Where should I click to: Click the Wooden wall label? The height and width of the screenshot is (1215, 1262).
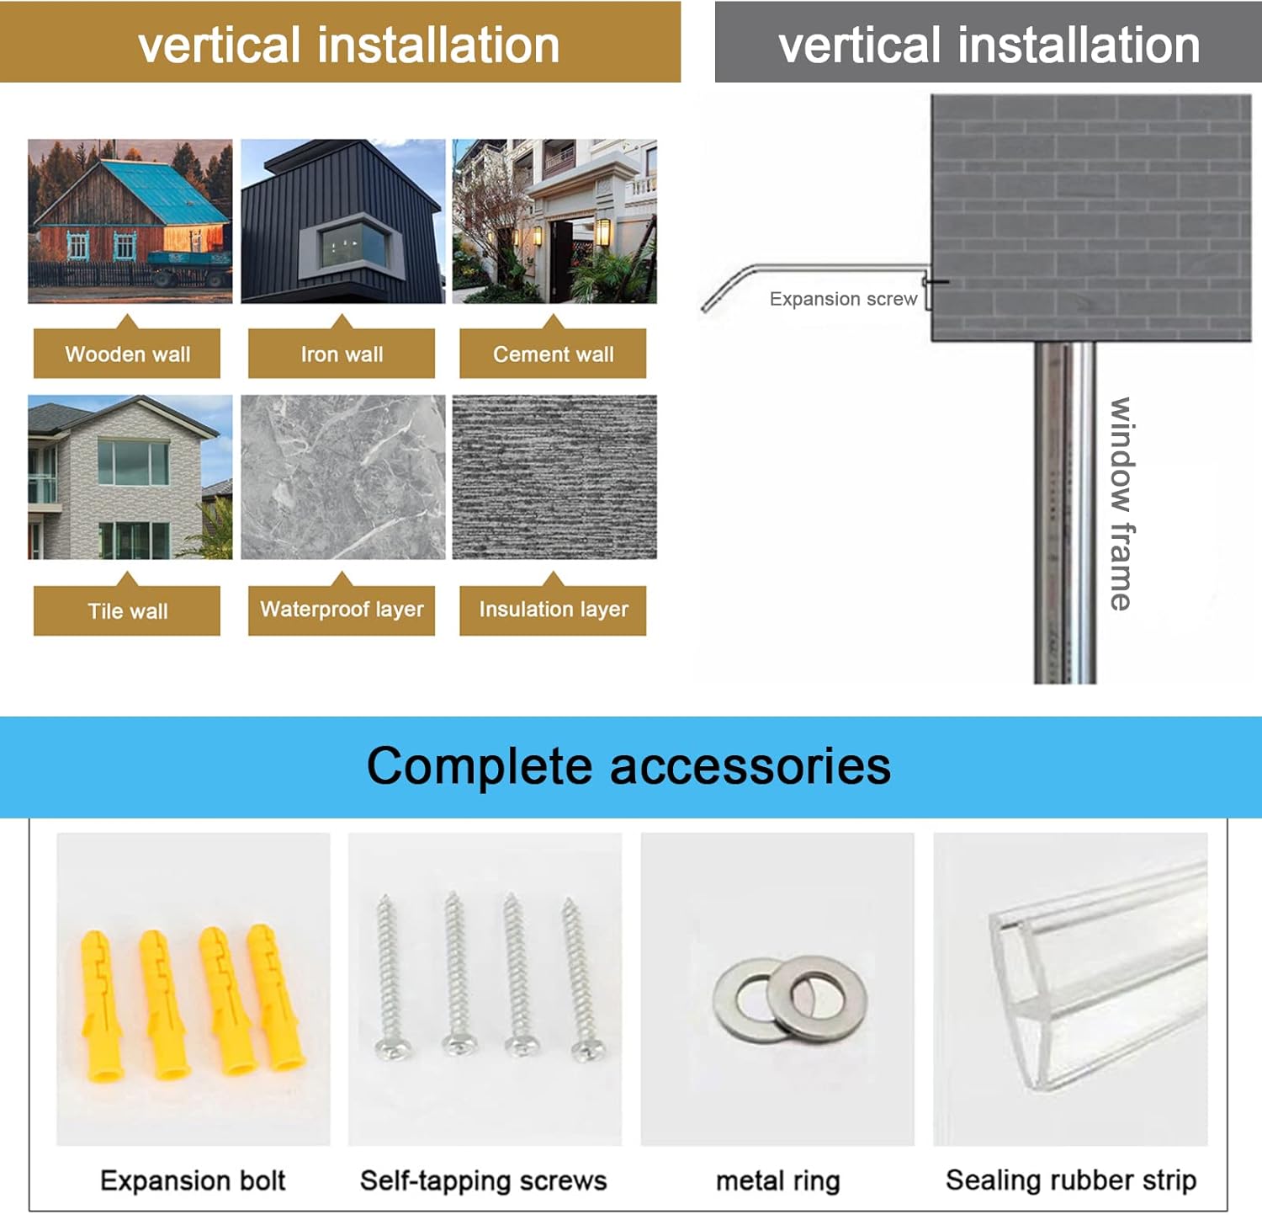tap(127, 354)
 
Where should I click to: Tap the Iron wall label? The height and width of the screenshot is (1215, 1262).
tap(342, 354)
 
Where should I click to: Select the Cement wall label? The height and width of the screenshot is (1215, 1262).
tap(553, 354)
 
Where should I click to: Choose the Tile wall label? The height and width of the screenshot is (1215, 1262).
tap(127, 610)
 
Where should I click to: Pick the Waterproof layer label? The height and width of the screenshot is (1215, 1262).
tap(342, 609)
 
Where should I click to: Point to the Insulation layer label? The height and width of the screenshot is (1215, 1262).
tap(553, 609)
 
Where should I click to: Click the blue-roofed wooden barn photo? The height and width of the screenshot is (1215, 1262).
tap(130, 221)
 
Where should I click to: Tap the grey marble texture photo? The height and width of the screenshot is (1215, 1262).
tap(343, 477)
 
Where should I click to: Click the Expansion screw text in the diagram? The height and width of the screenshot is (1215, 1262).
tap(843, 299)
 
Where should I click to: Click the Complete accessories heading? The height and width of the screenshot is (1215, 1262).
tap(628, 766)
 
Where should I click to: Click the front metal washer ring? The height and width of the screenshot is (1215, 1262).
tap(817, 997)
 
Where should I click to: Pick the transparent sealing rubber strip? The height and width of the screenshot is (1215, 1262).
tap(1094, 977)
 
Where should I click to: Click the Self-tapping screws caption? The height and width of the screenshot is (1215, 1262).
tap(483, 1180)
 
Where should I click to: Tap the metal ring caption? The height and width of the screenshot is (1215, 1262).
tap(777, 1181)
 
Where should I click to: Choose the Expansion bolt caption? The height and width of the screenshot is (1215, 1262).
tap(193, 1180)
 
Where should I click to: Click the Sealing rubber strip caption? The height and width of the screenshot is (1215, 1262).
tap(1070, 1180)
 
